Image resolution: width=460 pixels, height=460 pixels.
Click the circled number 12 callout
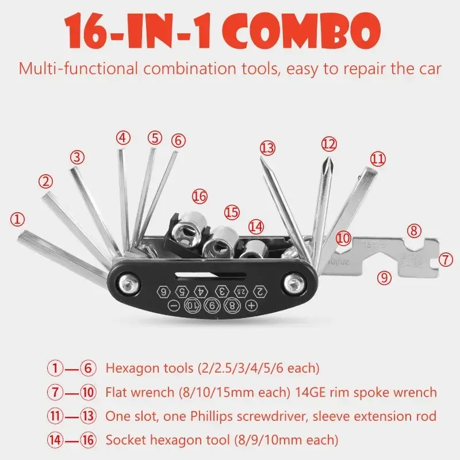pyautogui.click(x=328, y=143)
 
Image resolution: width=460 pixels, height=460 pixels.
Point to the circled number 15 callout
pyautogui.click(x=231, y=212)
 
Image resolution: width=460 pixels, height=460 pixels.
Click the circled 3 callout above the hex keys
pyautogui.click(x=78, y=156)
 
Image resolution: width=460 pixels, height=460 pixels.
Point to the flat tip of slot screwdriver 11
pyautogui.click(x=372, y=171)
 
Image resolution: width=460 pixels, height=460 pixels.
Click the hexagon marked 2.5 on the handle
pyautogui.click(x=240, y=290)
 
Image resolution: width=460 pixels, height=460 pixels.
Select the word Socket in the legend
pyautogui.click(x=125, y=440)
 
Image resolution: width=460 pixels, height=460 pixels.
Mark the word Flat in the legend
pyautogui.click(x=117, y=393)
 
